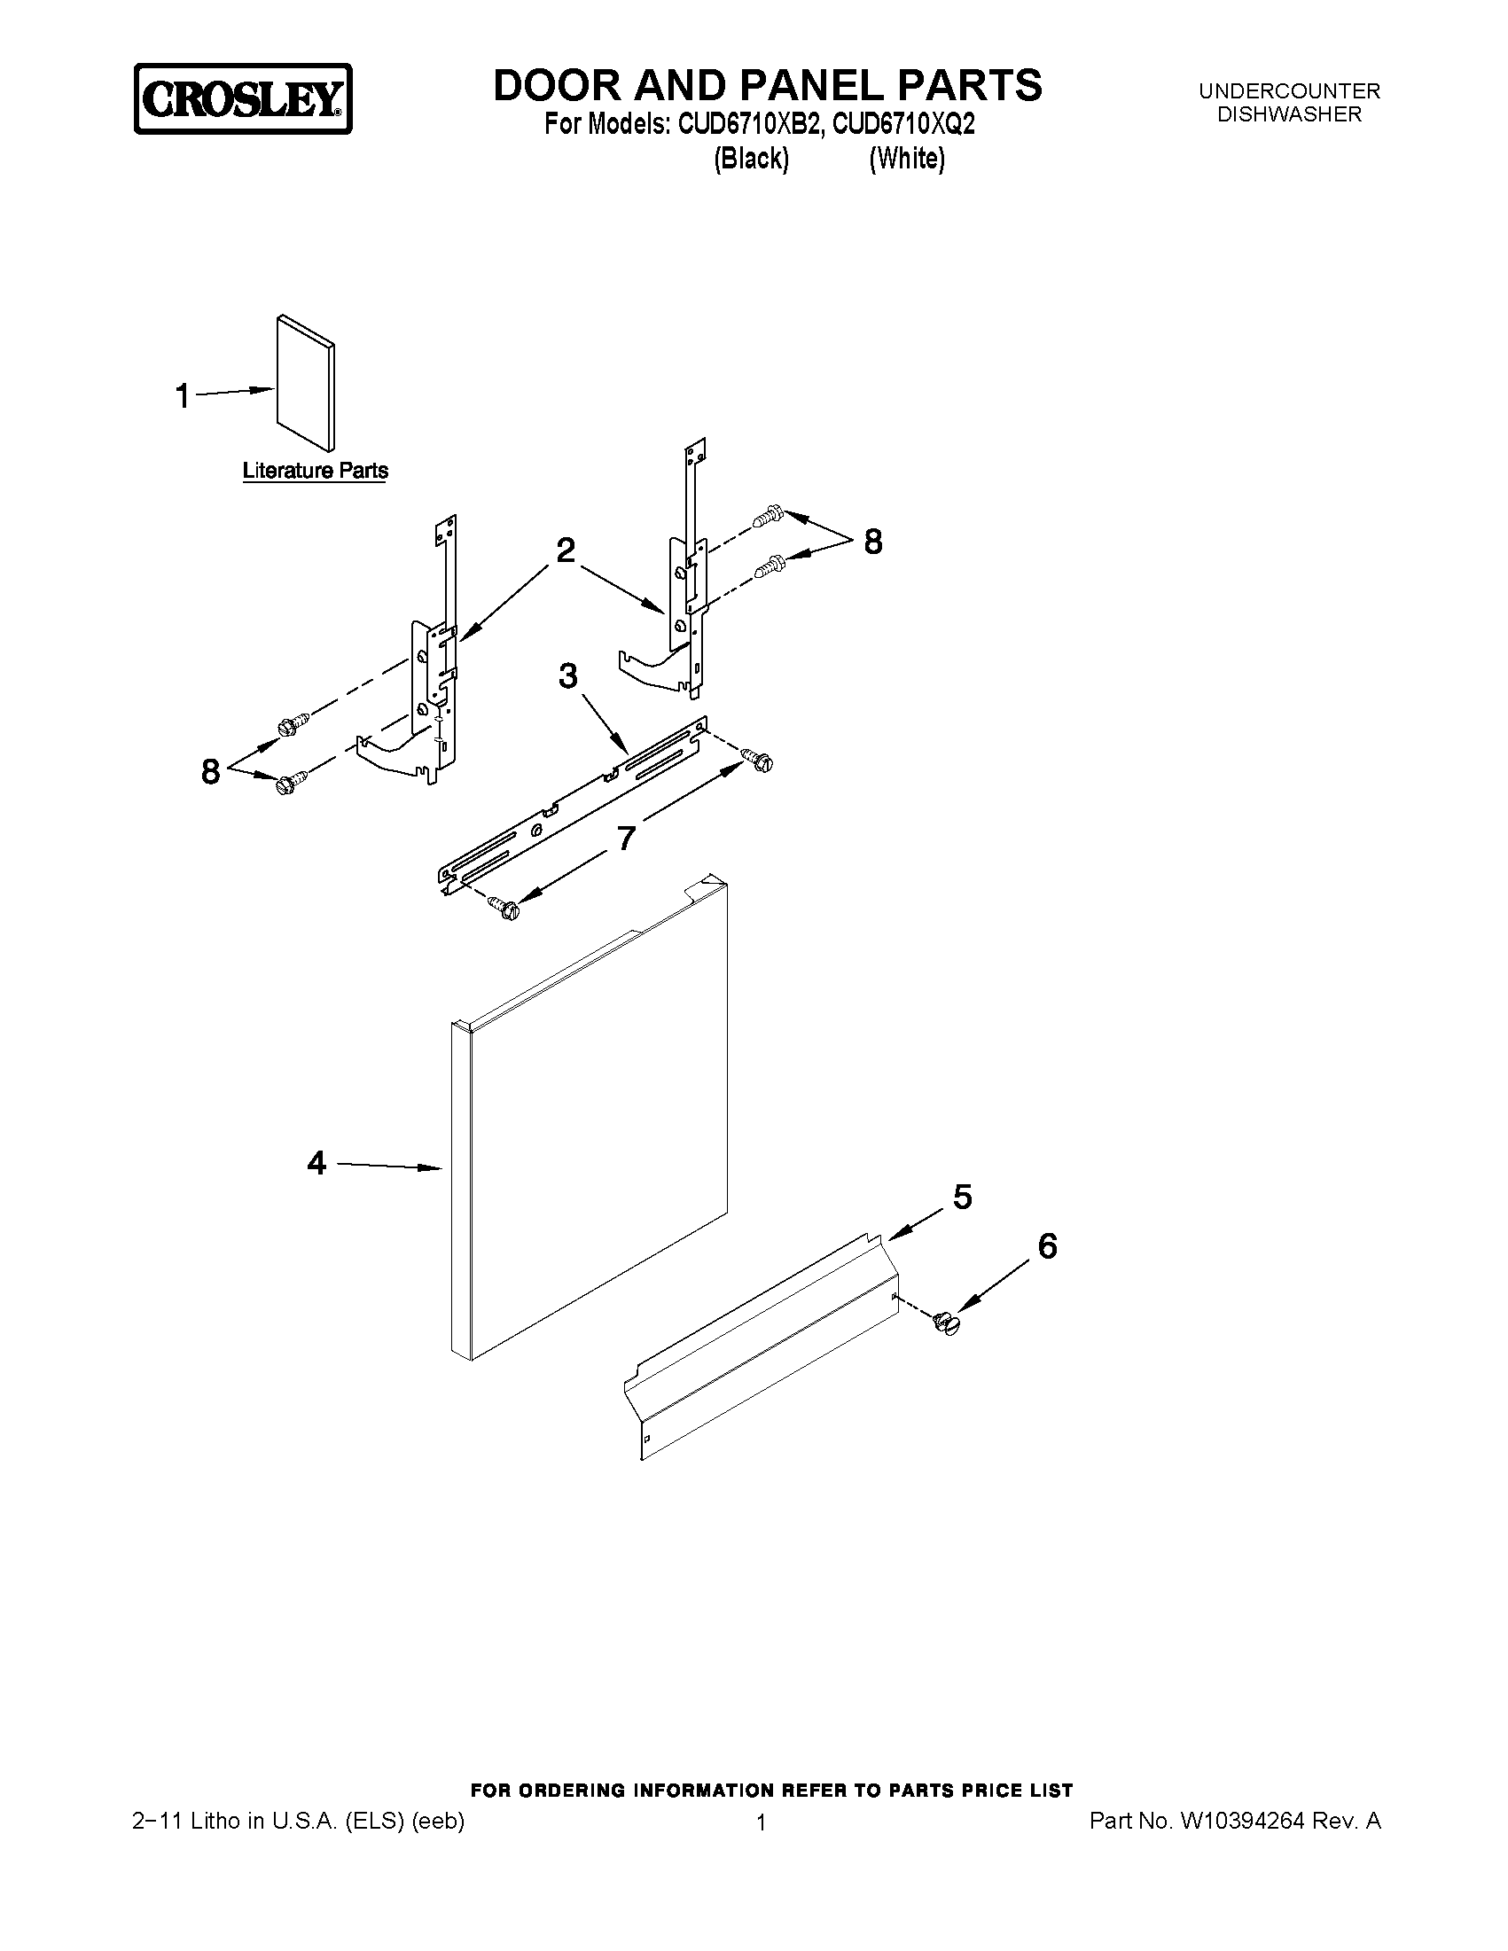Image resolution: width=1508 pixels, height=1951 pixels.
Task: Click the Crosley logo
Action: click(243, 99)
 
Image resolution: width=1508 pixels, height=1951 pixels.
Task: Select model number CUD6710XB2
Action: click(747, 124)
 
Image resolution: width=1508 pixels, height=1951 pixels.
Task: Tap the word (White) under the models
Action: click(907, 159)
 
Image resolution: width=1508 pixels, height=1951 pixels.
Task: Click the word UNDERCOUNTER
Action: click(1289, 91)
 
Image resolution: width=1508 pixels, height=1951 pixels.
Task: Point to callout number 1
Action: click(183, 395)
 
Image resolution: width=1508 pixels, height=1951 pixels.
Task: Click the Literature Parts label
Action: click(316, 471)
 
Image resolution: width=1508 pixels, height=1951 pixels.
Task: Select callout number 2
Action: click(566, 550)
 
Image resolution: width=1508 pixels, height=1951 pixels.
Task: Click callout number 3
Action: click(568, 676)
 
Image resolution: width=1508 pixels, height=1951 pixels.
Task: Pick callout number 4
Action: click(316, 1163)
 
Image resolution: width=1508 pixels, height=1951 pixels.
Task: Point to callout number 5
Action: click(962, 1197)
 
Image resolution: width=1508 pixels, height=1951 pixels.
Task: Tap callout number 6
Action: click(1047, 1246)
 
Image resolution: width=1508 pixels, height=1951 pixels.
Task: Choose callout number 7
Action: click(626, 838)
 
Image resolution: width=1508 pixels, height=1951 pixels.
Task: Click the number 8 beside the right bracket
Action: click(873, 542)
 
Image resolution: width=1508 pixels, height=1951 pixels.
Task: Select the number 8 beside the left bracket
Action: click(210, 771)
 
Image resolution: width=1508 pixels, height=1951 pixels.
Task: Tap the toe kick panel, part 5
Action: click(760, 1349)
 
